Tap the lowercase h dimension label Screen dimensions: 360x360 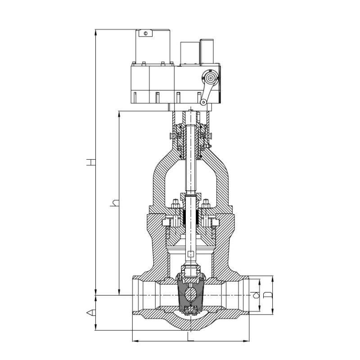(115, 203)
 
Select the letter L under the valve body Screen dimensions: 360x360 (190, 336)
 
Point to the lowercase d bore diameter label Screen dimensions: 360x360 (255, 295)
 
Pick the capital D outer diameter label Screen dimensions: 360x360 (267, 295)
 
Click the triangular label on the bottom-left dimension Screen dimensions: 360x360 (91, 312)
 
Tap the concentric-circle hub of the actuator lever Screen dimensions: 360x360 (210, 78)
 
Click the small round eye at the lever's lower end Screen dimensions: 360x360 (203, 102)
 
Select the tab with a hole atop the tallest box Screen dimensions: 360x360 (145, 33)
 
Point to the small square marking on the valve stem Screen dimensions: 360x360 (190, 254)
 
